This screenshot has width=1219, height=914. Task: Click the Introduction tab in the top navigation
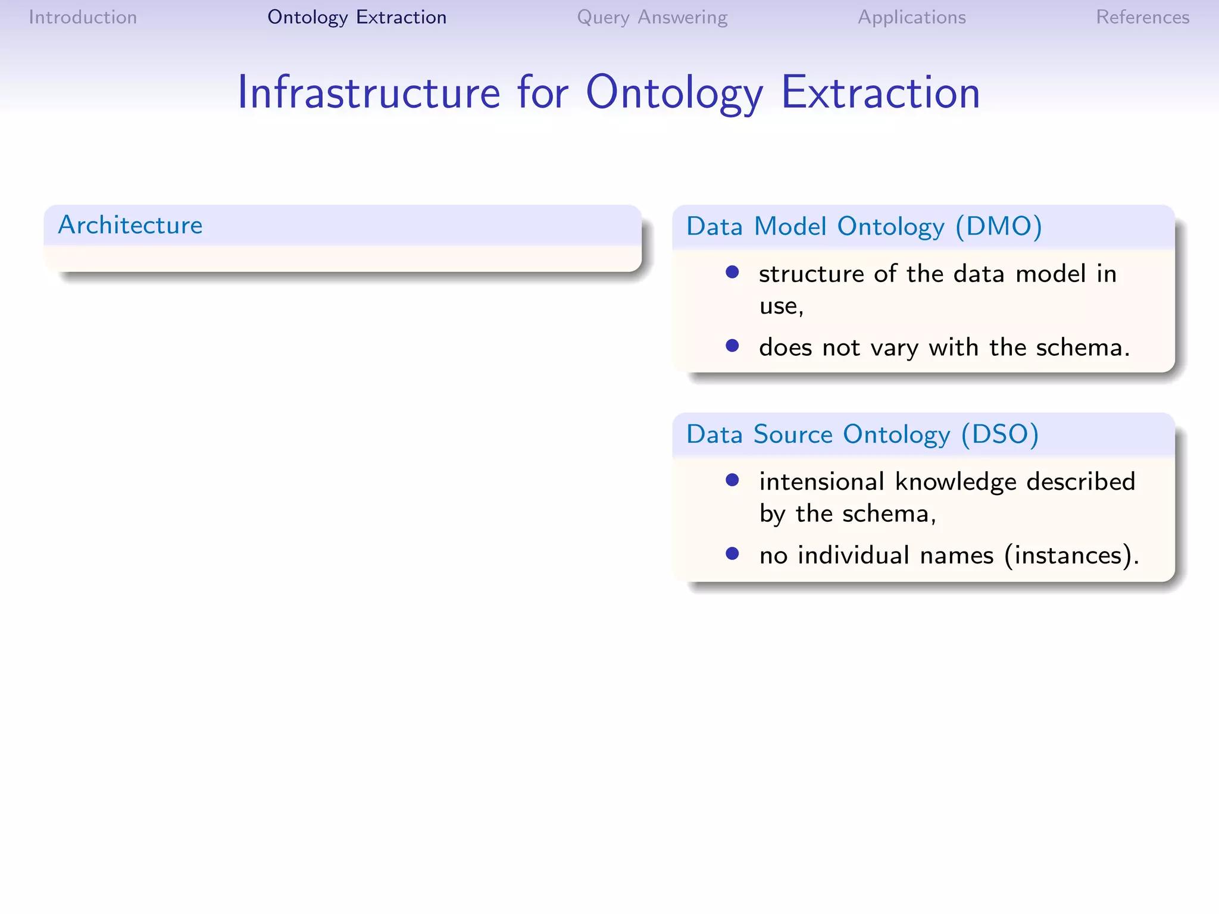83,17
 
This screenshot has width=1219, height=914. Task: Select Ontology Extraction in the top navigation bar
357,17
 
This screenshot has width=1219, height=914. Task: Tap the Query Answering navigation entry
652,17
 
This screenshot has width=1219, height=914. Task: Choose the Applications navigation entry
911,17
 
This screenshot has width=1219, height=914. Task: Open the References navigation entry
1142,17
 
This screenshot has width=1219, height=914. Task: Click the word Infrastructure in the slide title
368,93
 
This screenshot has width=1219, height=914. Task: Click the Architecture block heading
130,225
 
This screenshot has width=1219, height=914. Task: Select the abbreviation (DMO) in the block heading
998,227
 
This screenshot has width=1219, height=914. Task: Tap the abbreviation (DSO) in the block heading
999,434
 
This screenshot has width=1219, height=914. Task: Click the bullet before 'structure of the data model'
732,273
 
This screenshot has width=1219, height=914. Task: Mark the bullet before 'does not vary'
732,346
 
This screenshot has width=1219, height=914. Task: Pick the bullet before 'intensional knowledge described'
732,480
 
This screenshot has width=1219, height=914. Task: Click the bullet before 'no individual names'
732,554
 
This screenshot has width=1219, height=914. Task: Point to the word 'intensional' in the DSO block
821,481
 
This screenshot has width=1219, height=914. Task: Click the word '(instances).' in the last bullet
1071,555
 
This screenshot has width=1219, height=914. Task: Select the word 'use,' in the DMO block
781,306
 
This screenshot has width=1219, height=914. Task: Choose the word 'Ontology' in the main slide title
674,93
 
